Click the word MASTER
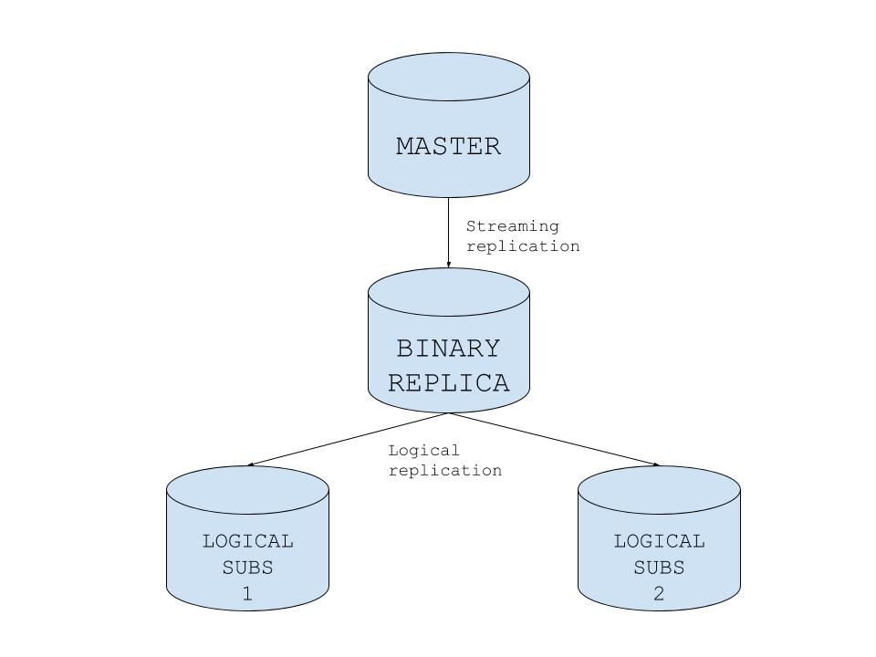(448, 146)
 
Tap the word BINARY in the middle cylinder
(448, 349)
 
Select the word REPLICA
(448, 382)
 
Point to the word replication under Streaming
(523, 246)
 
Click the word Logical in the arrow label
(423, 451)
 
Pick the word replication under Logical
(445, 471)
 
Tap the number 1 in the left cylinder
(247, 594)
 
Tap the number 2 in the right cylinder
(659, 594)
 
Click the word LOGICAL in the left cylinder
(247, 541)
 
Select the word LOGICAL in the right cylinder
(659, 541)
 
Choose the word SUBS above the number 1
(247, 568)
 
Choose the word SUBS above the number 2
(659, 568)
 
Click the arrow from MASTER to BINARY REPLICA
(448, 232)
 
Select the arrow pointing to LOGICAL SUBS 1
(347, 440)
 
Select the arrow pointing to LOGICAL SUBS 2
(553, 440)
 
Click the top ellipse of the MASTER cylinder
(448, 76)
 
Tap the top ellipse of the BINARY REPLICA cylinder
(448, 291)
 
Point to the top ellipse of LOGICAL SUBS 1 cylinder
(247, 489)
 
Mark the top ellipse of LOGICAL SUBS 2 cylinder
(659, 489)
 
